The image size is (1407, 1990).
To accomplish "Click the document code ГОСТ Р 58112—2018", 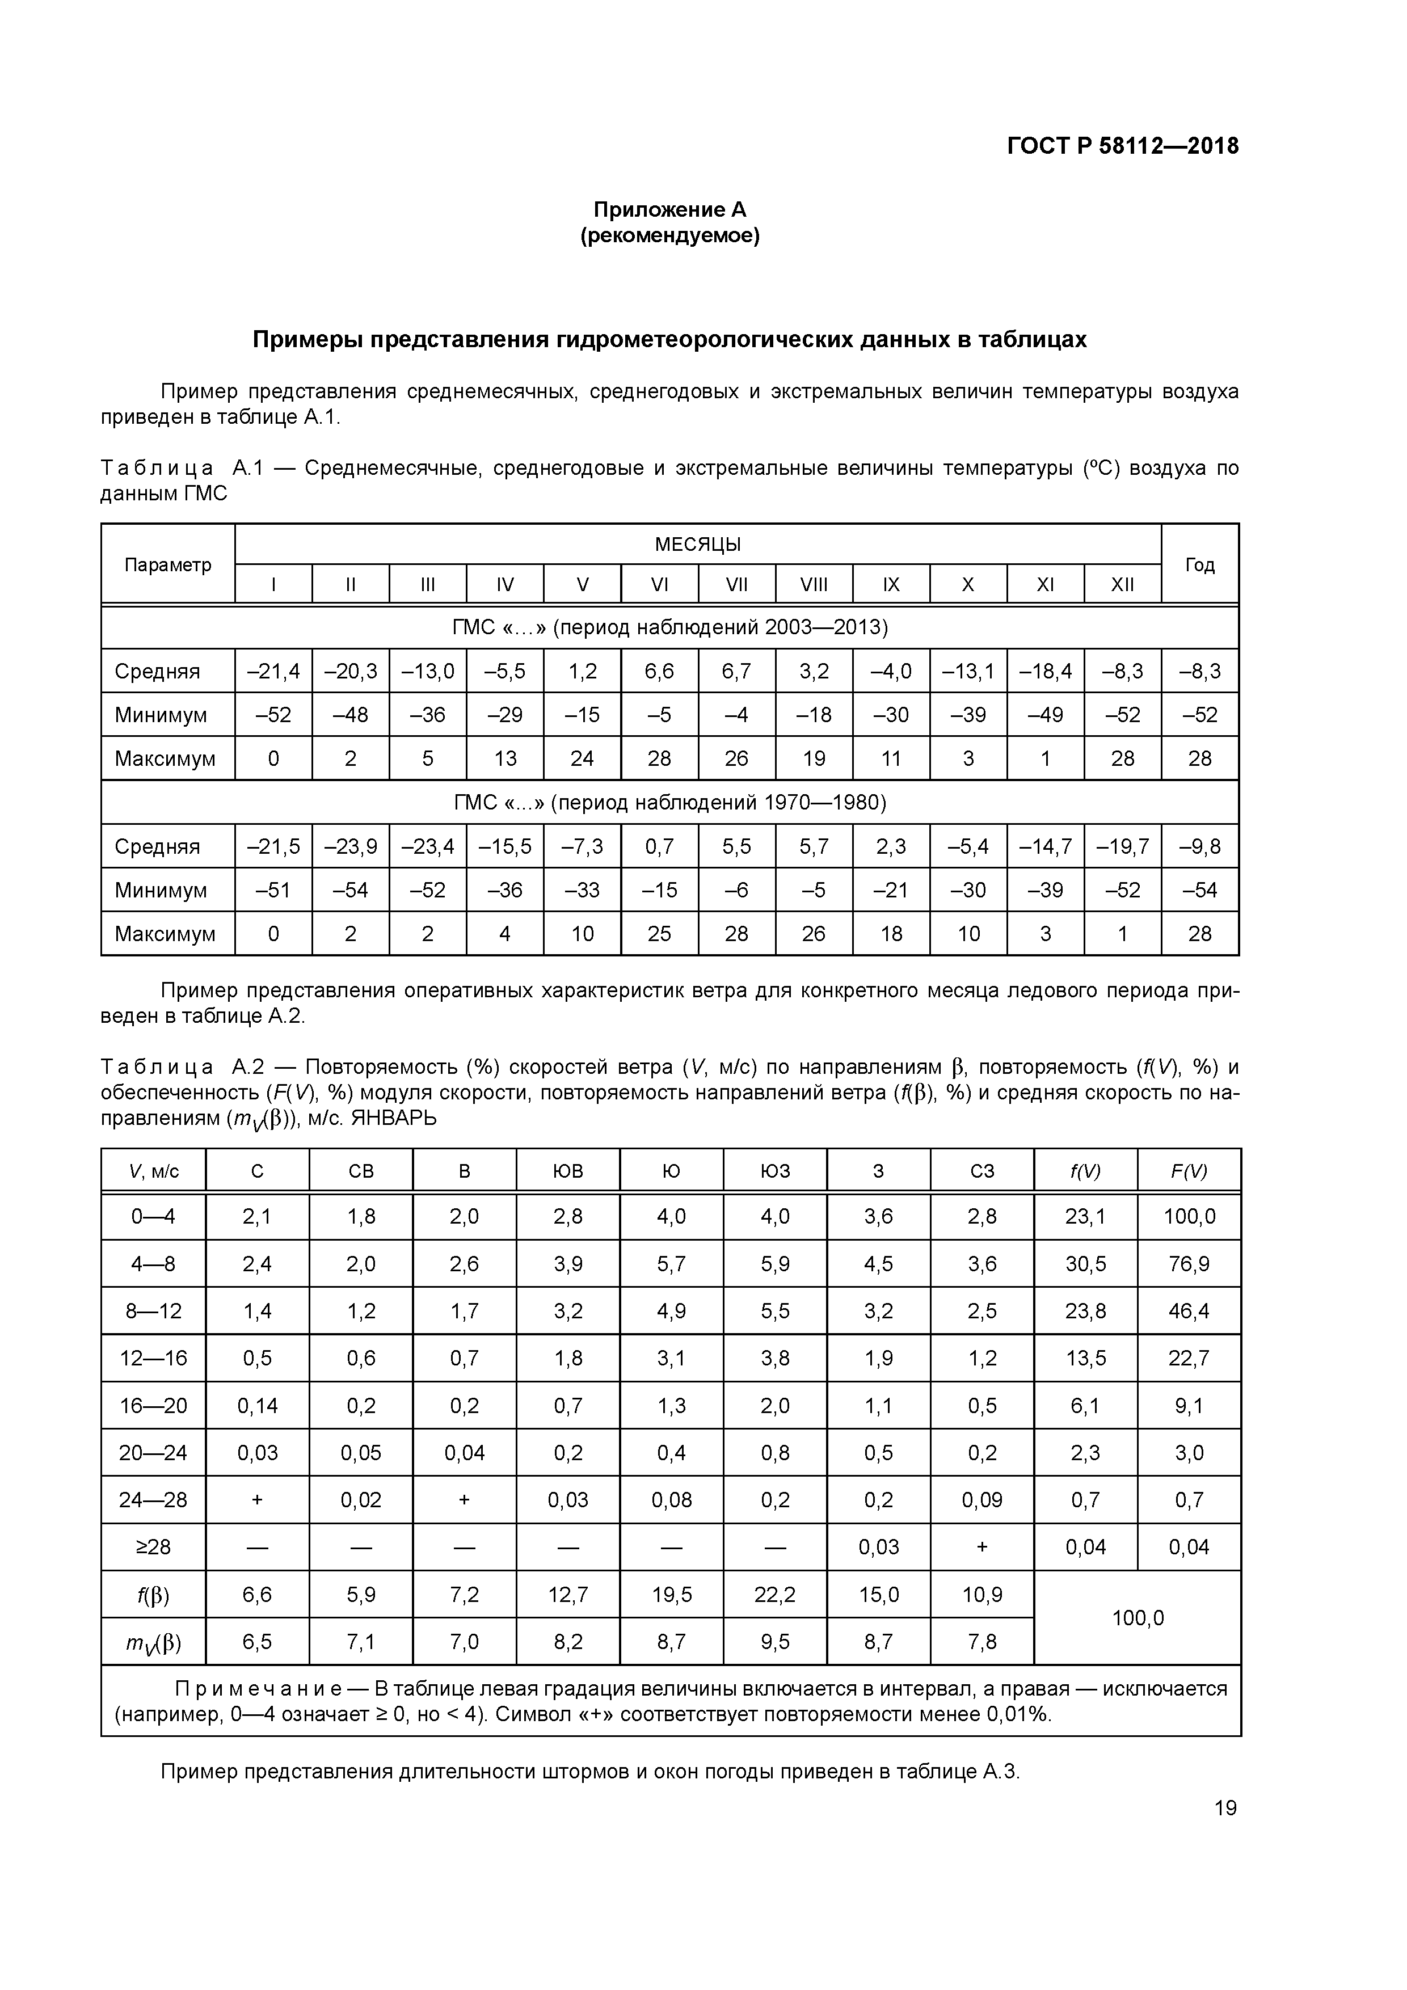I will click(1123, 146).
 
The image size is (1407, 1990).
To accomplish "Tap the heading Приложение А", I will click(669, 210).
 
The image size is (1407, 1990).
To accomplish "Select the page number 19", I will click(1225, 1807).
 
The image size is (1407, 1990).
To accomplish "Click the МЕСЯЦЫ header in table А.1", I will click(697, 545).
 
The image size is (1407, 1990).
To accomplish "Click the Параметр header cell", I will click(167, 565).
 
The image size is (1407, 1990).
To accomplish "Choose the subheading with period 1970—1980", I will click(669, 803).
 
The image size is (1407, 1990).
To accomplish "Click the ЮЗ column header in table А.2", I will click(774, 1171).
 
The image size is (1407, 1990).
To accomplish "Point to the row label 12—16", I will click(153, 1358).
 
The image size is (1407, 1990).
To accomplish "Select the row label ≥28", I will click(153, 1547).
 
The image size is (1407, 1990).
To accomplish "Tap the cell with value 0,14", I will click(258, 1405).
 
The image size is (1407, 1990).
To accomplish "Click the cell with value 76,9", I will click(1189, 1264).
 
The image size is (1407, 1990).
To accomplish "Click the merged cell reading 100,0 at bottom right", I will click(1138, 1617).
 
